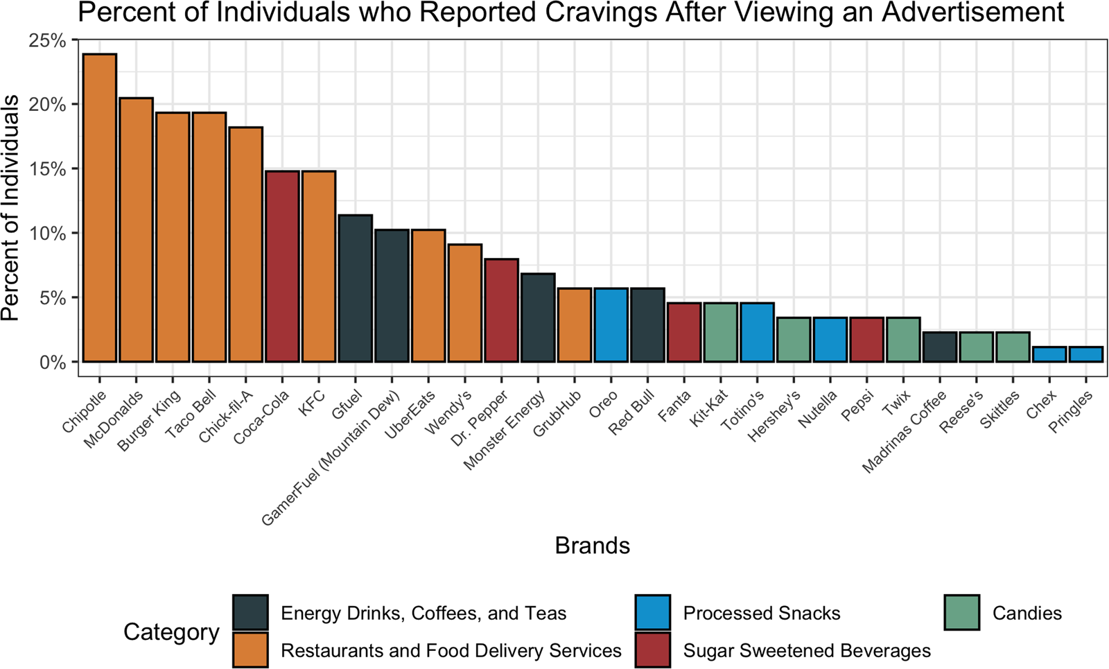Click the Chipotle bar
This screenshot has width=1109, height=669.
(100, 208)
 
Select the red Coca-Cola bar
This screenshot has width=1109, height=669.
(282, 266)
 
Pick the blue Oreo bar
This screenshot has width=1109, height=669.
(611, 325)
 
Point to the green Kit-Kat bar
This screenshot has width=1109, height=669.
(721, 332)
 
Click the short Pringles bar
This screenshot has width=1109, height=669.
(1085, 354)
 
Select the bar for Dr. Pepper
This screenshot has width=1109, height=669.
(501, 310)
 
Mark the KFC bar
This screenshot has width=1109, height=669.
(319, 266)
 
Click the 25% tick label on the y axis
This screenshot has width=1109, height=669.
(48, 41)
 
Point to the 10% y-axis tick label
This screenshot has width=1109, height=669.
(48, 234)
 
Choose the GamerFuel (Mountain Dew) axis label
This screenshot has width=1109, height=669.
(331, 458)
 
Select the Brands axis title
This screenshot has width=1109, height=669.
(592, 546)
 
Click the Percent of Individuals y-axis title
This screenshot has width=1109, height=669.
(11, 208)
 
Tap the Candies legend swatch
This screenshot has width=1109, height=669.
(962, 613)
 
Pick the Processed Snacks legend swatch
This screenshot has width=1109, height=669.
(653, 613)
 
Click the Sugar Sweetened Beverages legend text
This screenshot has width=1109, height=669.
(807, 651)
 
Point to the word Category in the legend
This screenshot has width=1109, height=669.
(171, 632)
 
